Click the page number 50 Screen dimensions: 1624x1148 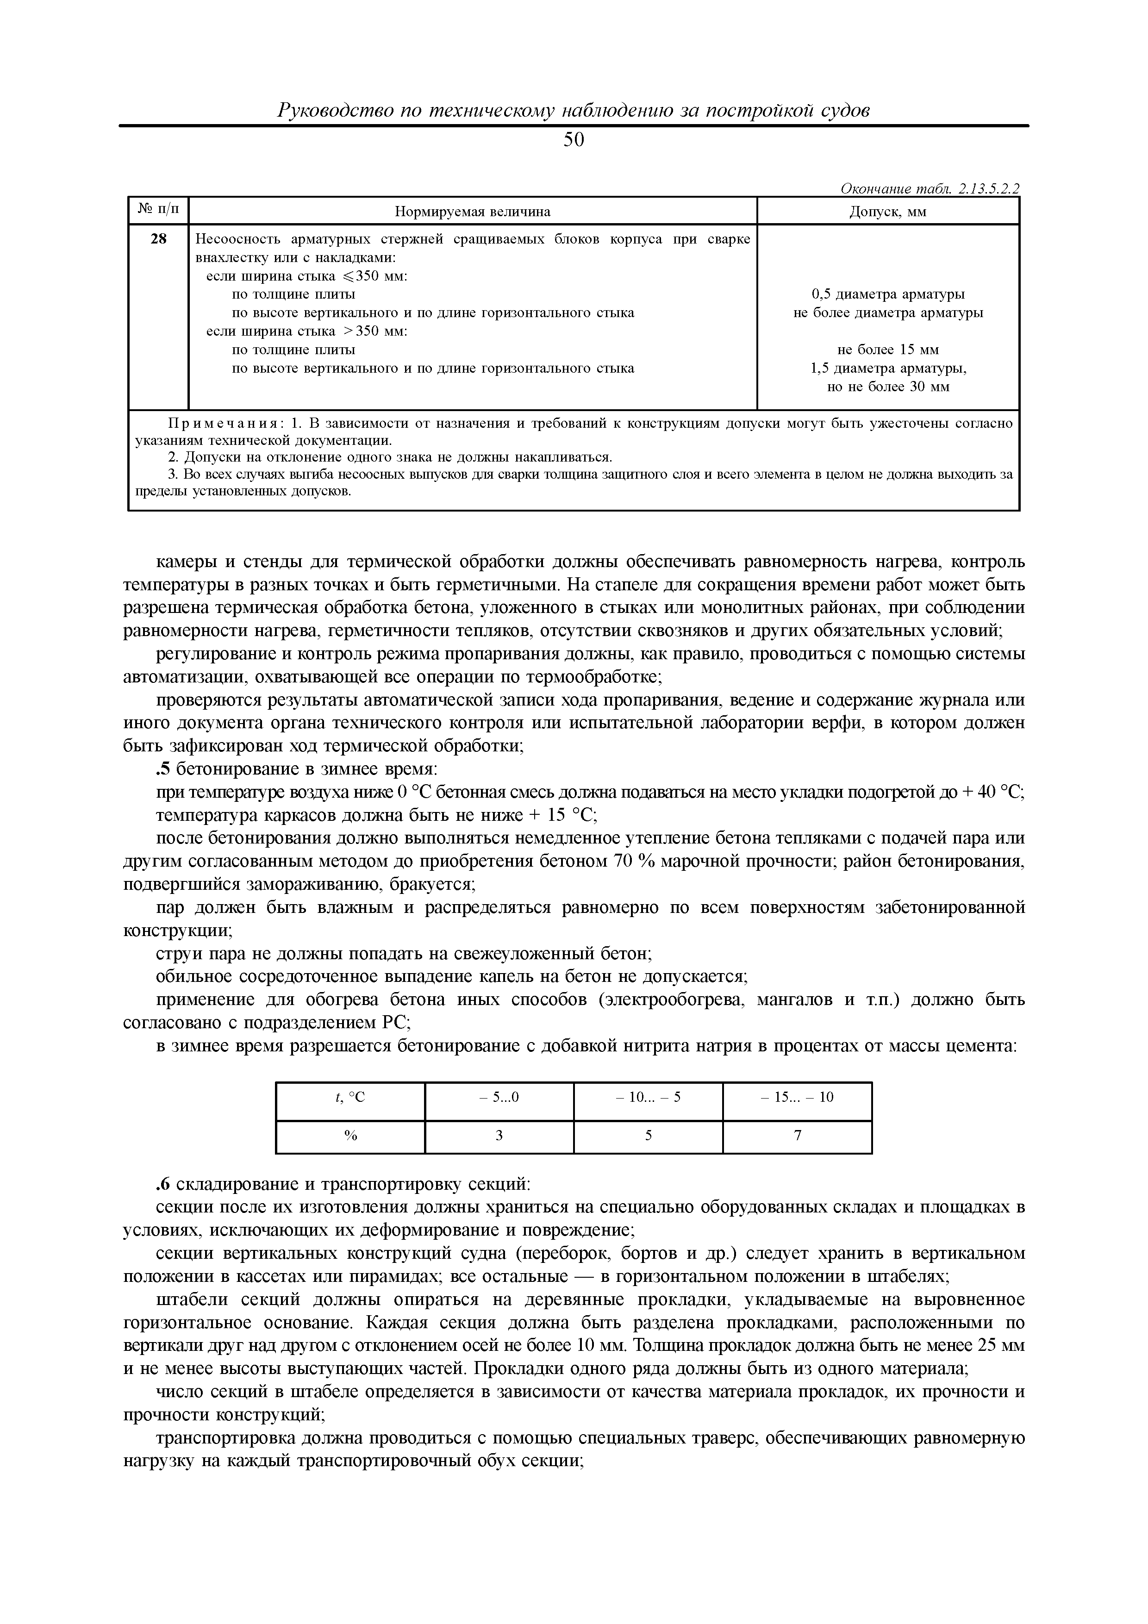click(x=574, y=141)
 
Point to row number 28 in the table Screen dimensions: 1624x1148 click(x=158, y=239)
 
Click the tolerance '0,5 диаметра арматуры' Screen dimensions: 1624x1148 click(x=888, y=294)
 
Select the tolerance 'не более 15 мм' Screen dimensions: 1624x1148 click(x=888, y=350)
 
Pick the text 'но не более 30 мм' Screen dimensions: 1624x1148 click(x=888, y=387)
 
